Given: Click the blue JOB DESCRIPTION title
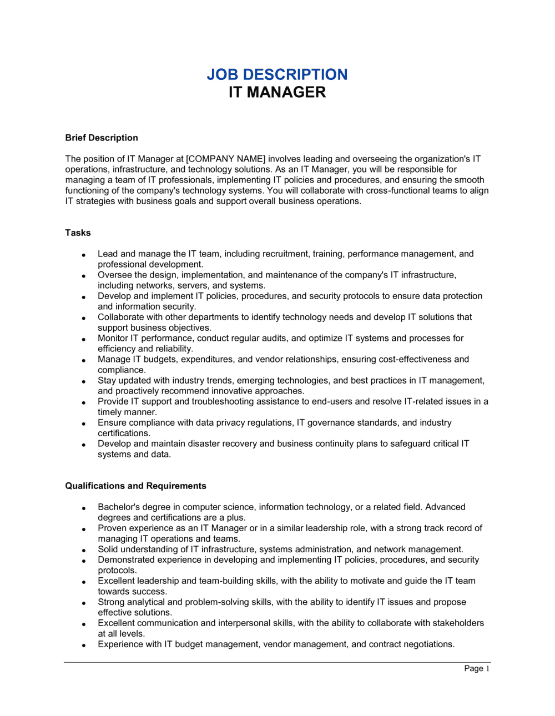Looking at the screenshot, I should tap(277, 74).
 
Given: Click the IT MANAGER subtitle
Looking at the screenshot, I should tap(277, 92).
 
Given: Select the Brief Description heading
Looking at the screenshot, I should tap(102, 138).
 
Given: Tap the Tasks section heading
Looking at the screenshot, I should tap(78, 233).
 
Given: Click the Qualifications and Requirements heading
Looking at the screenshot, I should tap(135, 486).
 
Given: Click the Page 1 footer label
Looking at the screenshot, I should tap(477, 668).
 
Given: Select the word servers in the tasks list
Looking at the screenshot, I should tap(192, 285).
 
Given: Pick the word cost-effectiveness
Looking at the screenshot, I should tap(416, 359).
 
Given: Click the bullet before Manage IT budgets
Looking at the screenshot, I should tap(83, 360).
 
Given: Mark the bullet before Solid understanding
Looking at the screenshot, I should tap(83, 550).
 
